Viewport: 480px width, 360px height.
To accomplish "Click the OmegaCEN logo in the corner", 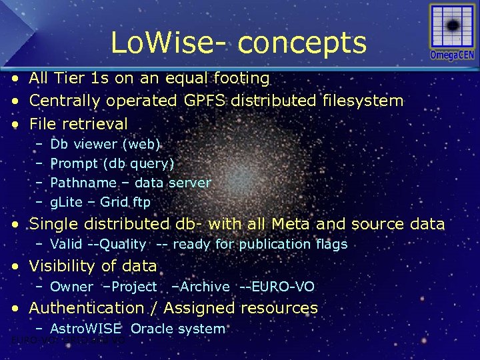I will coord(452,33).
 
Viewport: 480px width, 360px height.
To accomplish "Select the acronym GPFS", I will coord(209,101).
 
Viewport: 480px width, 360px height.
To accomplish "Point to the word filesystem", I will coord(361,101).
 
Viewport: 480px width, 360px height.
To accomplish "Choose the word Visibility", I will coord(64,266).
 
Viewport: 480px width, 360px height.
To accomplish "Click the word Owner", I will coord(72,287).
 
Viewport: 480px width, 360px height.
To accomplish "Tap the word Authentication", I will coord(85,308).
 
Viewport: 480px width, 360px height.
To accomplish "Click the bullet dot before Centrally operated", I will coord(15,101).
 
